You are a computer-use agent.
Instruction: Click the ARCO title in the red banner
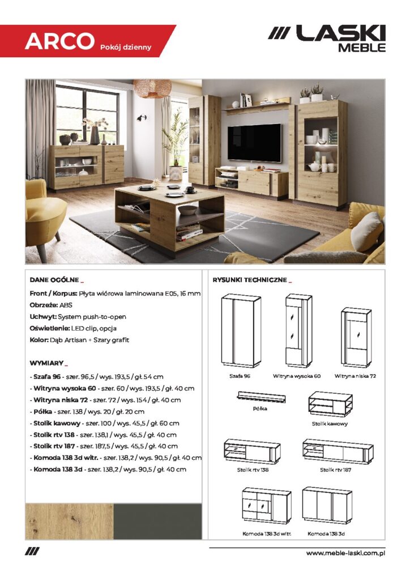coord(59,41)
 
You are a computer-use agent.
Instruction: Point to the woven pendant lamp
coord(152,88)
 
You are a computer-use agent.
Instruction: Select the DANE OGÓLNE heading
coord(55,280)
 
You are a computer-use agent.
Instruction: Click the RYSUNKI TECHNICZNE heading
coord(250,280)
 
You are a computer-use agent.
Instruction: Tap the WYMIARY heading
coord(48,362)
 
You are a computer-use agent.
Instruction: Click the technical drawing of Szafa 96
coord(241,331)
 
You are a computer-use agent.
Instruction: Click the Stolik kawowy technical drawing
coord(330,404)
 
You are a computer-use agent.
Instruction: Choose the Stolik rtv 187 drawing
coord(338,452)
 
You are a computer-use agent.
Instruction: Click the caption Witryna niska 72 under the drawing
coord(355,376)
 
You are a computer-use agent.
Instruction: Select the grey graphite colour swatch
coord(157,521)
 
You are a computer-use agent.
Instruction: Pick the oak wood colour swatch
coord(69,521)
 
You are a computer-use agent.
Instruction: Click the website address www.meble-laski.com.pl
coord(345,553)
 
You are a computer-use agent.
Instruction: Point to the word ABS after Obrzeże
coord(66,304)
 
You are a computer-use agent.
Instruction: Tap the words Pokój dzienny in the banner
coord(126,47)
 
